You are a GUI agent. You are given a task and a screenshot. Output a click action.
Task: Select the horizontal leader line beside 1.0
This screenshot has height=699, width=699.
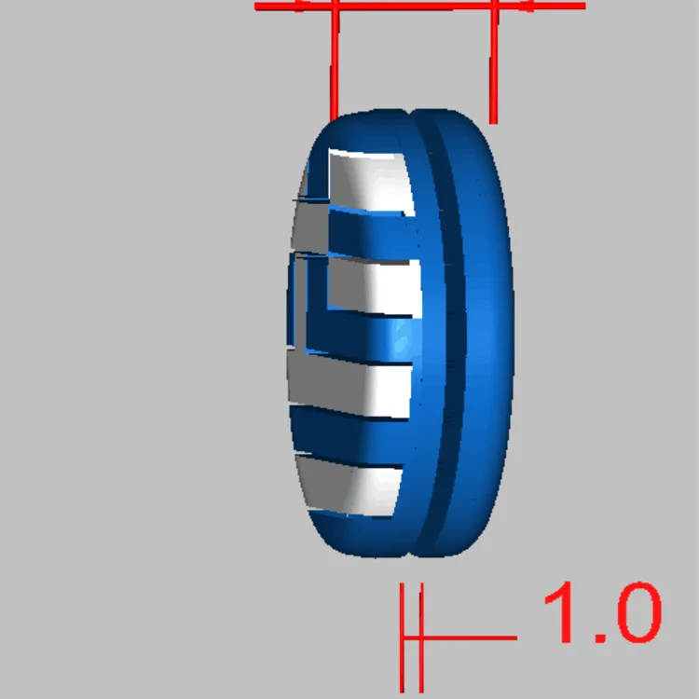pos(471,638)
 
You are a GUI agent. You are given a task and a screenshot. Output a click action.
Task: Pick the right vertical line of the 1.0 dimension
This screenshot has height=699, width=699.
pos(421,643)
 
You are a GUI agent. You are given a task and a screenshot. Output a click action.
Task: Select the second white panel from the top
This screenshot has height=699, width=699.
pos(368,284)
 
